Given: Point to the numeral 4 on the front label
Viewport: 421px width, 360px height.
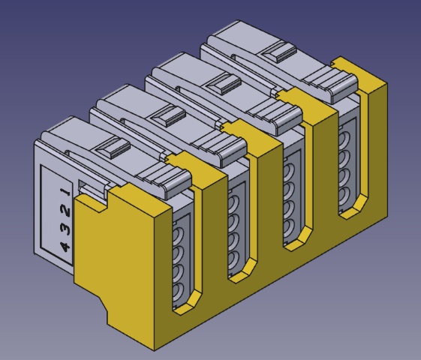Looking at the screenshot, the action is (65, 246).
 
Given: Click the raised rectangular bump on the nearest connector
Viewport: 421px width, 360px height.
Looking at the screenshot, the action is (113, 147).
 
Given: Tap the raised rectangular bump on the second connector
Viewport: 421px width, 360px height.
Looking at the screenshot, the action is (168, 115).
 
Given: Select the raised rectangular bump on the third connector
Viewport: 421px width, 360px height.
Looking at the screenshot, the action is (222, 85).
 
